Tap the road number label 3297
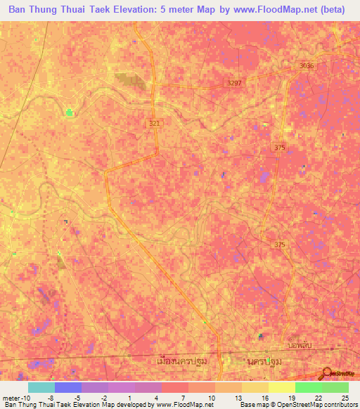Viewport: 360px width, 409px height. coord(235,83)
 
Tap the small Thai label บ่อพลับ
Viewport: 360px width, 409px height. coord(300,346)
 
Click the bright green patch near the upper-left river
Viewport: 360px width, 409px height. coord(69,112)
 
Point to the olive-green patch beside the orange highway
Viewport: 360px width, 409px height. coord(129,79)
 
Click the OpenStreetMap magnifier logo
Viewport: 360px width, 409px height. coord(328,373)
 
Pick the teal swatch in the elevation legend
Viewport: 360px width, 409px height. coord(41,387)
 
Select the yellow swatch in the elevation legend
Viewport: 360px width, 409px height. coord(281,387)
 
